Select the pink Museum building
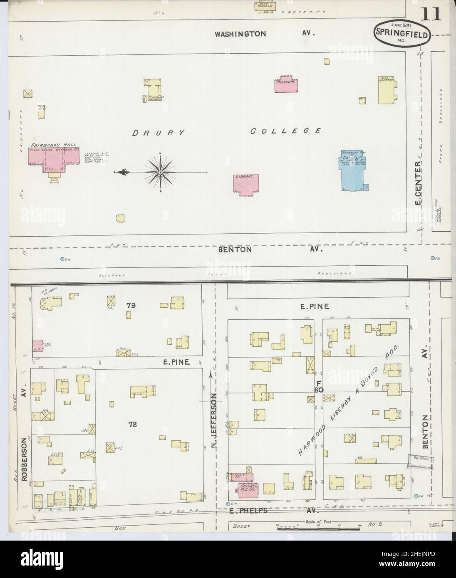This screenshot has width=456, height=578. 285,84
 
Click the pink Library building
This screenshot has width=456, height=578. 245,183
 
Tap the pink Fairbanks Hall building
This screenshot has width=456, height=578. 54,158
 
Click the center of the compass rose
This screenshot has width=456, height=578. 161,172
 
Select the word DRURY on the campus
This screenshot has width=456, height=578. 158,133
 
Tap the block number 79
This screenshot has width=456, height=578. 131,305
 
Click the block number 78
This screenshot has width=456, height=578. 133,424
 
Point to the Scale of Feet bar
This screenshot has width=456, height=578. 318,528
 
